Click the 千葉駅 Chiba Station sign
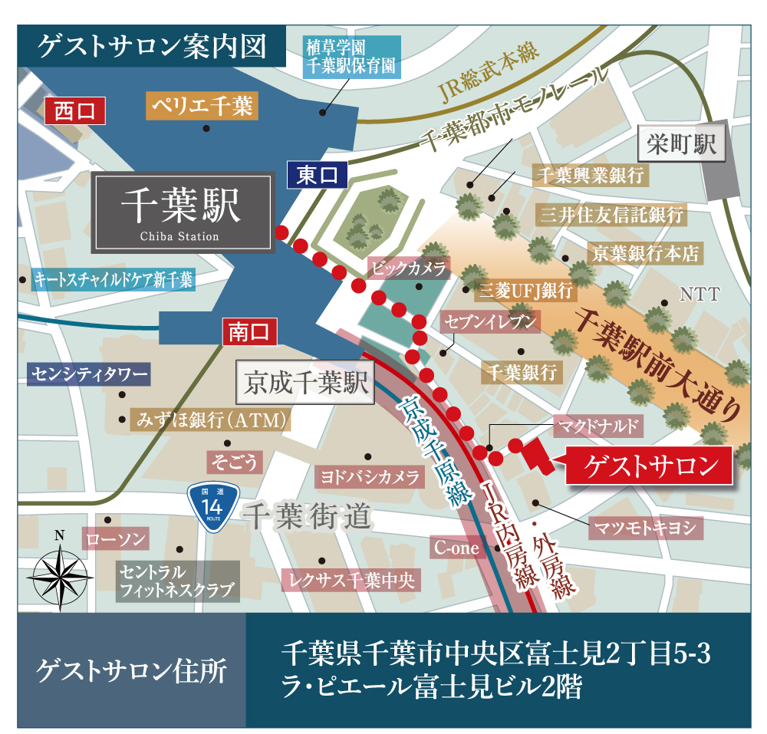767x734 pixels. point(182,212)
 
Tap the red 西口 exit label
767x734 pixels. point(74,111)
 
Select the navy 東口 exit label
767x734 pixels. point(317,175)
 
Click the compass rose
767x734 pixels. point(60,571)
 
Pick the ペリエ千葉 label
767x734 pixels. point(201,106)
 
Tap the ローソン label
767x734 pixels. point(116,539)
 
